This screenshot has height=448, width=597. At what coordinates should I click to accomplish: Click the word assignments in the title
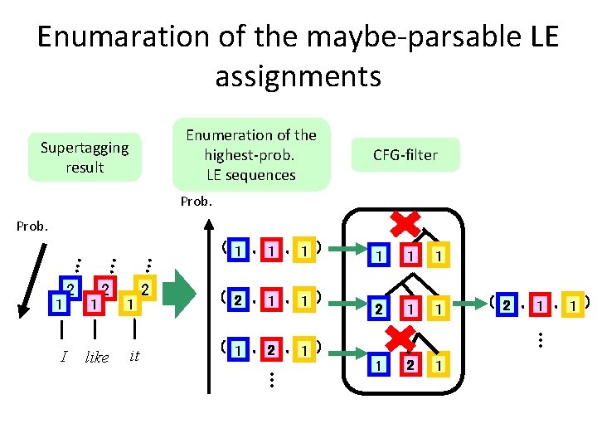[298, 76]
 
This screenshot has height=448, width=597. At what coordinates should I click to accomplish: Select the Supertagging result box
[85, 157]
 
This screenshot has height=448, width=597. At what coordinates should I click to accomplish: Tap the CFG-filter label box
[405, 154]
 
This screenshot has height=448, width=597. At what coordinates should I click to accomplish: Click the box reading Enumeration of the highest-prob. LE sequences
[251, 154]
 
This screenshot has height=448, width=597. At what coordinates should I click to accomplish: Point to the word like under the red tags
[97, 358]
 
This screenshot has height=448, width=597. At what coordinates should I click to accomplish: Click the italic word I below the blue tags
[64, 357]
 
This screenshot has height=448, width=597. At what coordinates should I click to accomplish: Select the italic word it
[134, 356]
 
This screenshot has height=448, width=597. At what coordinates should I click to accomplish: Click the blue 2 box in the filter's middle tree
[379, 309]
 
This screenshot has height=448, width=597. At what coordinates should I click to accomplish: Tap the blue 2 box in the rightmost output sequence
[505, 304]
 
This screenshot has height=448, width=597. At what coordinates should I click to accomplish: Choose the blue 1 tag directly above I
[57, 304]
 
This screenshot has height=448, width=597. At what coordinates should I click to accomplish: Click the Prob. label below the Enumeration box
[197, 202]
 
